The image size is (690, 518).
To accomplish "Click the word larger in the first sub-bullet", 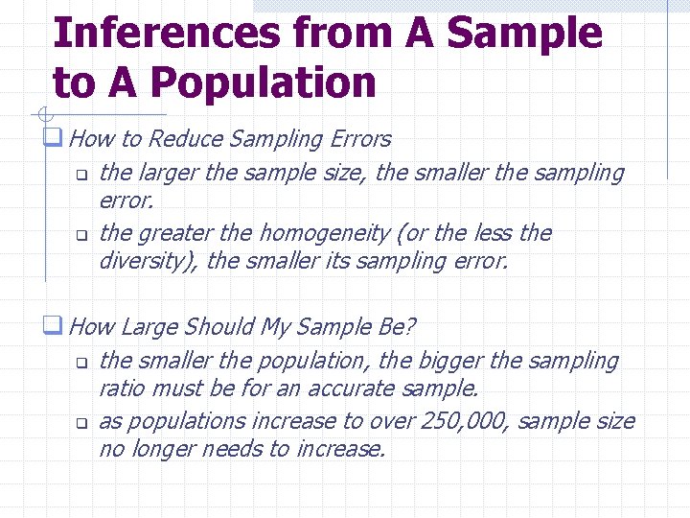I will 166,173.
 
